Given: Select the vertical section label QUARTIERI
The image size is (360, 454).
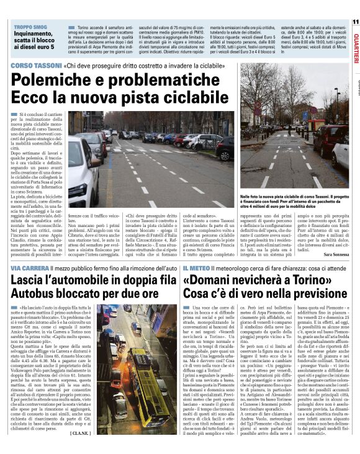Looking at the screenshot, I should (355, 47).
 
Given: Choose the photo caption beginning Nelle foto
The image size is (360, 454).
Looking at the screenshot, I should (295, 200).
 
